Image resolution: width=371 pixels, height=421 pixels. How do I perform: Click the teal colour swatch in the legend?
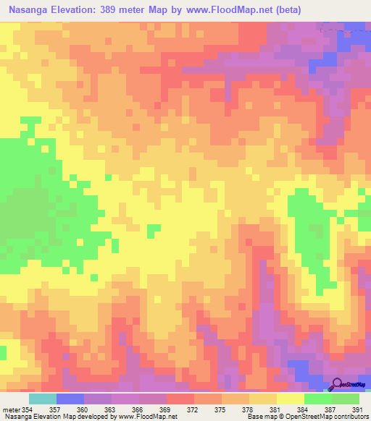pos(42,399)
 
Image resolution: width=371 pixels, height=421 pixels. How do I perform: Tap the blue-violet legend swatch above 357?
pos(70,399)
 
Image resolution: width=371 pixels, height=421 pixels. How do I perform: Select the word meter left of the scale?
pos(12,409)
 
